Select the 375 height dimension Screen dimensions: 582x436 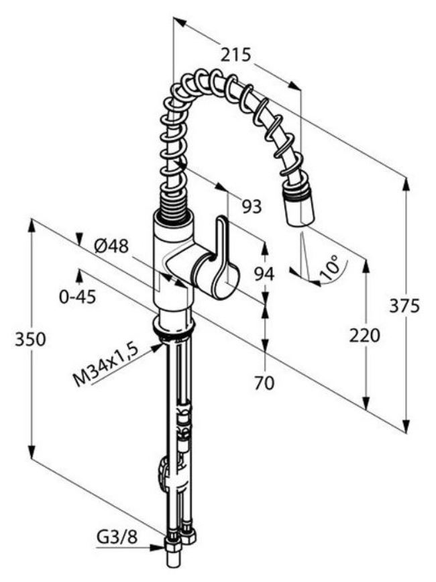(404, 306)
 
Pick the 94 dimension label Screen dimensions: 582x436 (264, 274)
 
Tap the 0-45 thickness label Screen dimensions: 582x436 (77, 296)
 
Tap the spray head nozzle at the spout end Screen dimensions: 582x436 (298, 208)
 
